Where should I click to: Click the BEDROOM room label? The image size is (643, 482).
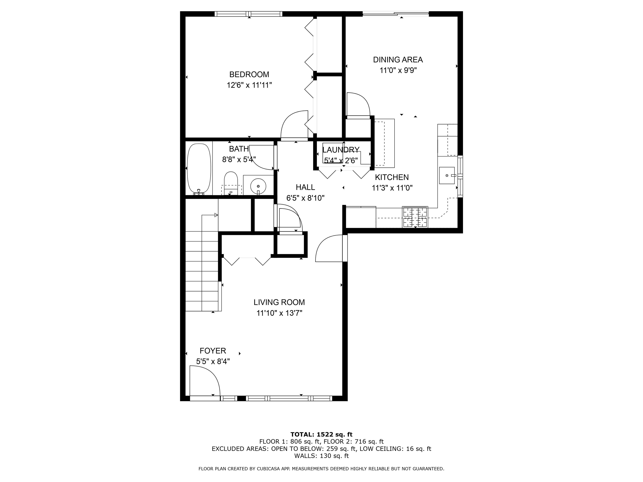coord(249,75)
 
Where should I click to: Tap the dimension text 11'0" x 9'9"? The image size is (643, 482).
coord(398,71)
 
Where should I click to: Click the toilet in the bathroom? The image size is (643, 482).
coord(231,183)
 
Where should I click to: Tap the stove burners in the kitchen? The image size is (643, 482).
coord(415,217)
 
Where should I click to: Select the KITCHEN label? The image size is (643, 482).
coord(392,177)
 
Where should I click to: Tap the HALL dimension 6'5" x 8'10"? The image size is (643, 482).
coord(305,198)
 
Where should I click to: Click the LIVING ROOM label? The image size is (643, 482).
coord(279,302)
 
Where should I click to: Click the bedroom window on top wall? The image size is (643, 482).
coord(248,14)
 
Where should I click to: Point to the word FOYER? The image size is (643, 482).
coord(213,351)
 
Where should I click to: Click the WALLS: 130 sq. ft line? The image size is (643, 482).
coord(321,456)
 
